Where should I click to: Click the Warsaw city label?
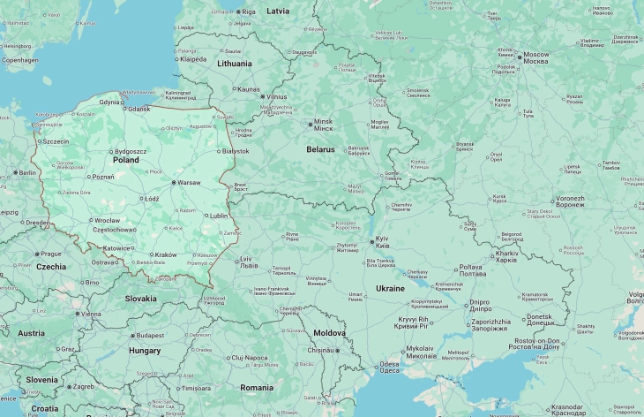(189, 183)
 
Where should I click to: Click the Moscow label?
(535, 55)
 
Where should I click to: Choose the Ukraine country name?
(391, 289)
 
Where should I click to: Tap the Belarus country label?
(320, 149)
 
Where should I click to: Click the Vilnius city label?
(276, 96)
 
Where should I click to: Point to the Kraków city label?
(166, 254)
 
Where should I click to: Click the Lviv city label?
(250, 260)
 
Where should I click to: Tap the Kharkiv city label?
(506, 254)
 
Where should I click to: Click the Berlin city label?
(27, 172)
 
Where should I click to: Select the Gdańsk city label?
(139, 109)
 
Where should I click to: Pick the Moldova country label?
(330, 333)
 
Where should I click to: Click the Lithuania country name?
(235, 64)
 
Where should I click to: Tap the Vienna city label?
(91, 314)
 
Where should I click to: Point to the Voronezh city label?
(570, 200)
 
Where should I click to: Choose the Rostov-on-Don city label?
(536, 342)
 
